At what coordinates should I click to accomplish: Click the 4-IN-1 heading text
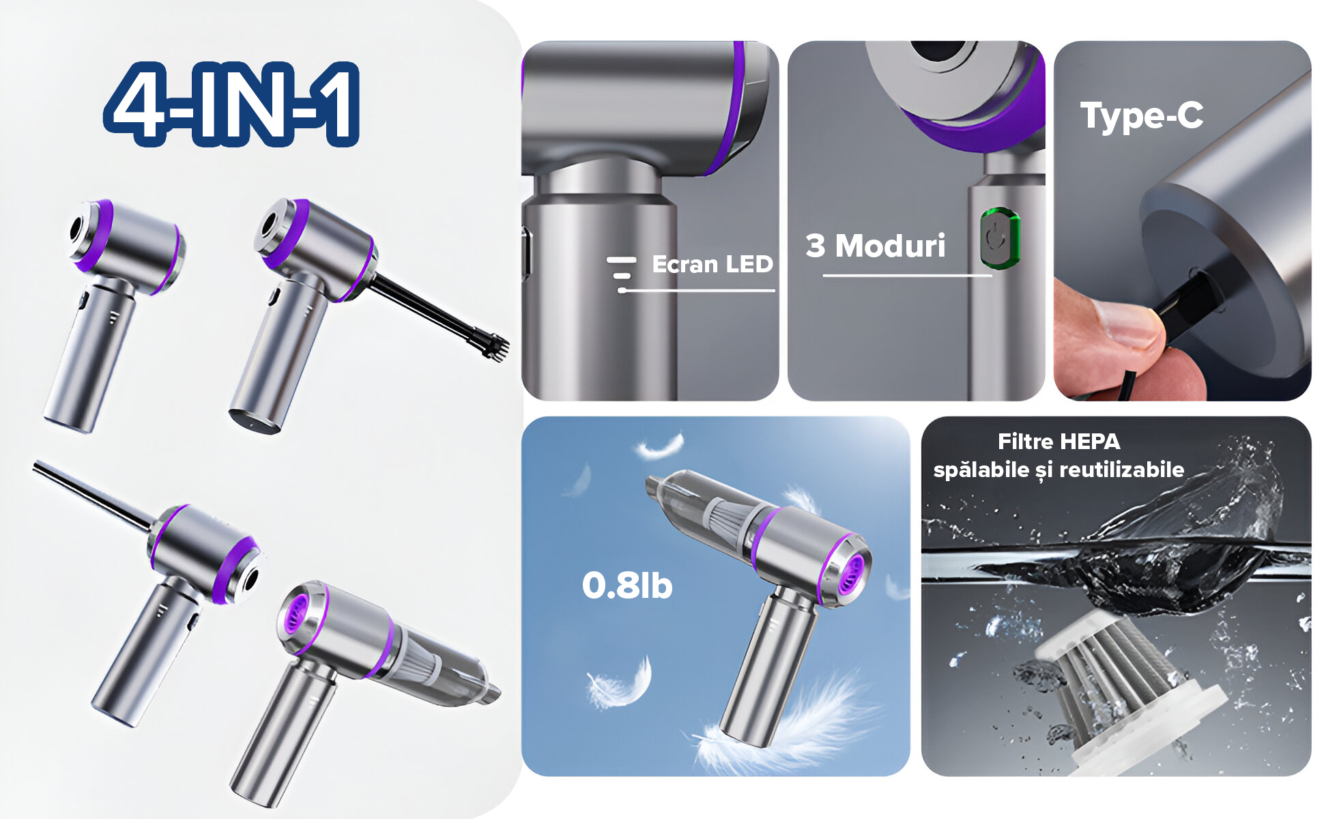point(231,104)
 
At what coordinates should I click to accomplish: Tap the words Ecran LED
point(712,264)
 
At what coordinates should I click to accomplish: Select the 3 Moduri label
point(876,246)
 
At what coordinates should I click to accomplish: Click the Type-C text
point(1141,115)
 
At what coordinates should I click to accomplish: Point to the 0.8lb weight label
point(627,586)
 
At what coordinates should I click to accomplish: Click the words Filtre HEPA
point(1059,442)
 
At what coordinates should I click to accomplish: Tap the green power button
point(1000,238)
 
